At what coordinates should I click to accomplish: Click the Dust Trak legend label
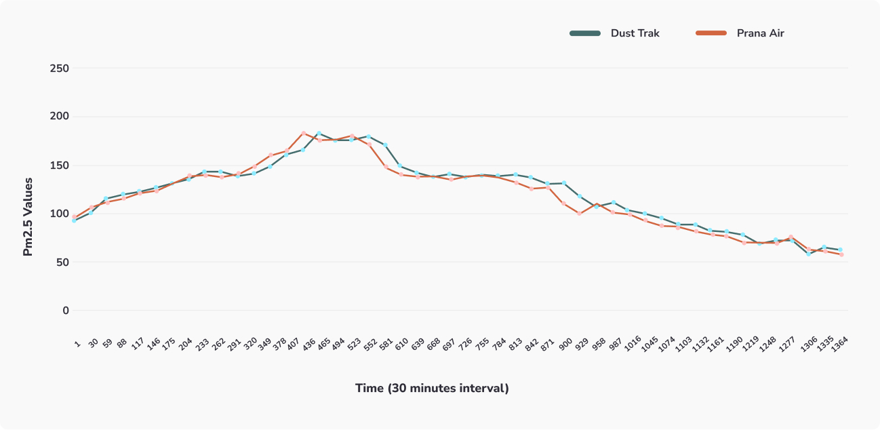coord(635,33)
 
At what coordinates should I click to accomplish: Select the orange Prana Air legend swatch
coord(712,33)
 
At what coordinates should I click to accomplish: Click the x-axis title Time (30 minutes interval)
coord(432,389)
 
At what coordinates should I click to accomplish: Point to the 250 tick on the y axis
coord(60,69)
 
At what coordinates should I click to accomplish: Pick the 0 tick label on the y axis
coord(66,311)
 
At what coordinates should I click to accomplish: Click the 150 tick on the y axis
coord(60,165)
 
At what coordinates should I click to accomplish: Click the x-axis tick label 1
coord(77,344)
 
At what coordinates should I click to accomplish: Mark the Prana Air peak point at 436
coord(303,133)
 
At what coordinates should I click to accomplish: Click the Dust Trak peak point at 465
coord(319,134)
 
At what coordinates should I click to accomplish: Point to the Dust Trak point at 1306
coord(808,254)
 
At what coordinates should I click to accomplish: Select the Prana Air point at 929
coord(580,213)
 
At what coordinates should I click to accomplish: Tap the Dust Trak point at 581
coord(385,145)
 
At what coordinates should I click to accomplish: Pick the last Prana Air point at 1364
coord(841,254)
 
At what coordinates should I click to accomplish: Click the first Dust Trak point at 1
coord(74,220)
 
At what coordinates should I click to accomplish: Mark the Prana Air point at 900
coord(563,203)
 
